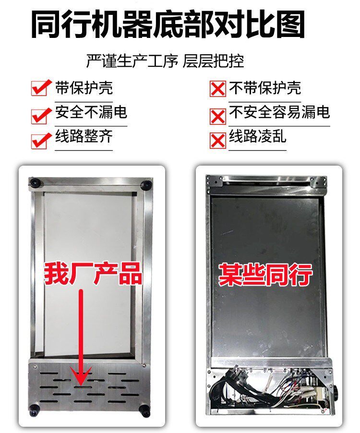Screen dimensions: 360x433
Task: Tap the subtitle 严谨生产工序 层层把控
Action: (x=165, y=61)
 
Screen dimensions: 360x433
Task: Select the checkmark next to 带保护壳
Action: (x=41, y=87)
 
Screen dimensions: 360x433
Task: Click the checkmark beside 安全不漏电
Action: (x=41, y=116)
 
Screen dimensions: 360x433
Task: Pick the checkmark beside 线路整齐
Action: (x=41, y=141)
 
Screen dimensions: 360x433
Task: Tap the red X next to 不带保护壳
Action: (x=218, y=89)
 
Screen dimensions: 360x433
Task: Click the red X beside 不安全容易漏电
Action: (x=218, y=117)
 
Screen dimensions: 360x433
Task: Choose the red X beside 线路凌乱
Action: (x=218, y=141)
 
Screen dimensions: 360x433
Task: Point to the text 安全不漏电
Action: (x=91, y=112)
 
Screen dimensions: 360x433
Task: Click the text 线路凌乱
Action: (x=258, y=136)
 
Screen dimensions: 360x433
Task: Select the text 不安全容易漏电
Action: (x=279, y=112)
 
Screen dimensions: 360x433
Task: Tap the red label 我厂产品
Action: (x=93, y=274)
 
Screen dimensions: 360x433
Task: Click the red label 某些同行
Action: (x=265, y=274)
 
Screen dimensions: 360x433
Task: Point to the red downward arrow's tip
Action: (x=81, y=385)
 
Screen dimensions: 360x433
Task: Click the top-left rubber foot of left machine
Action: (x=36, y=182)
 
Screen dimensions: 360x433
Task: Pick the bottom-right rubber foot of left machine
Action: (x=144, y=410)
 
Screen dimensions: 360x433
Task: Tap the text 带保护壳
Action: (x=84, y=87)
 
